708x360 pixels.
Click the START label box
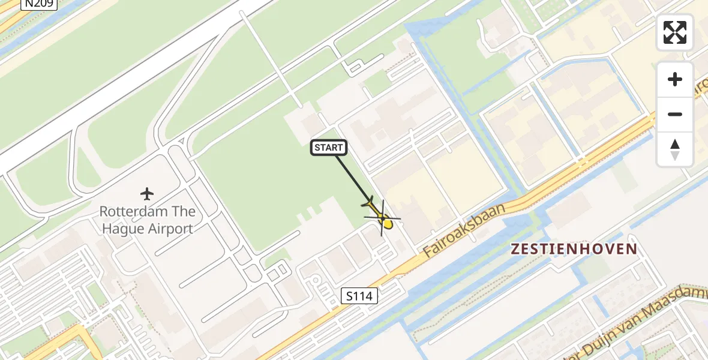coord(329,148)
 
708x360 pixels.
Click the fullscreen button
coord(675,32)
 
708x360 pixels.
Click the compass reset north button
coord(675,149)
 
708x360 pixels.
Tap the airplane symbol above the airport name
coord(147,194)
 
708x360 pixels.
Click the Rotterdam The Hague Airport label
coord(147,220)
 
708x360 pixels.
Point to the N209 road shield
coord(38,4)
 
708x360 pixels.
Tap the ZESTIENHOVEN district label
coord(574,249)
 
